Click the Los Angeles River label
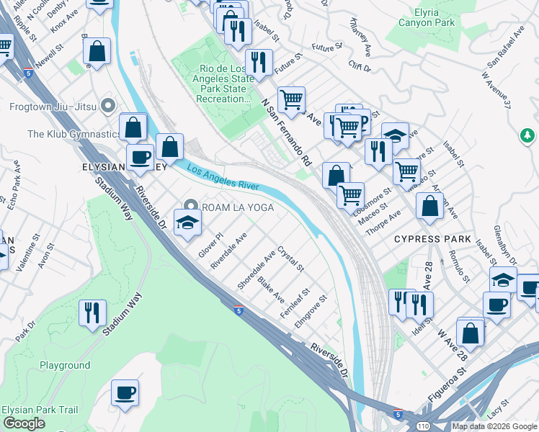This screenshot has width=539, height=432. pos(223,177)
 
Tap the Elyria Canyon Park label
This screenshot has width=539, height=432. pos(426,18)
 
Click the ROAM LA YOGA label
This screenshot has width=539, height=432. pos(236,206)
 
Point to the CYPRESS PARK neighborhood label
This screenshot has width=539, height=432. pos(432,239)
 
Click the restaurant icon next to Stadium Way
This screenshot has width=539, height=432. pos(92,313)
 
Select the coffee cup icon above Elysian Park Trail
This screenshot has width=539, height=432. pos(125,393)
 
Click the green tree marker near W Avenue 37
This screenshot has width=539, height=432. pos(527,135)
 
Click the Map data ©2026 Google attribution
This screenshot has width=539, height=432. pos(494,426)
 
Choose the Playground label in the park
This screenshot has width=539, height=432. pos(65,366)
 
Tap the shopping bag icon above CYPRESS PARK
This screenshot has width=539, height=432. pos(430,205)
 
